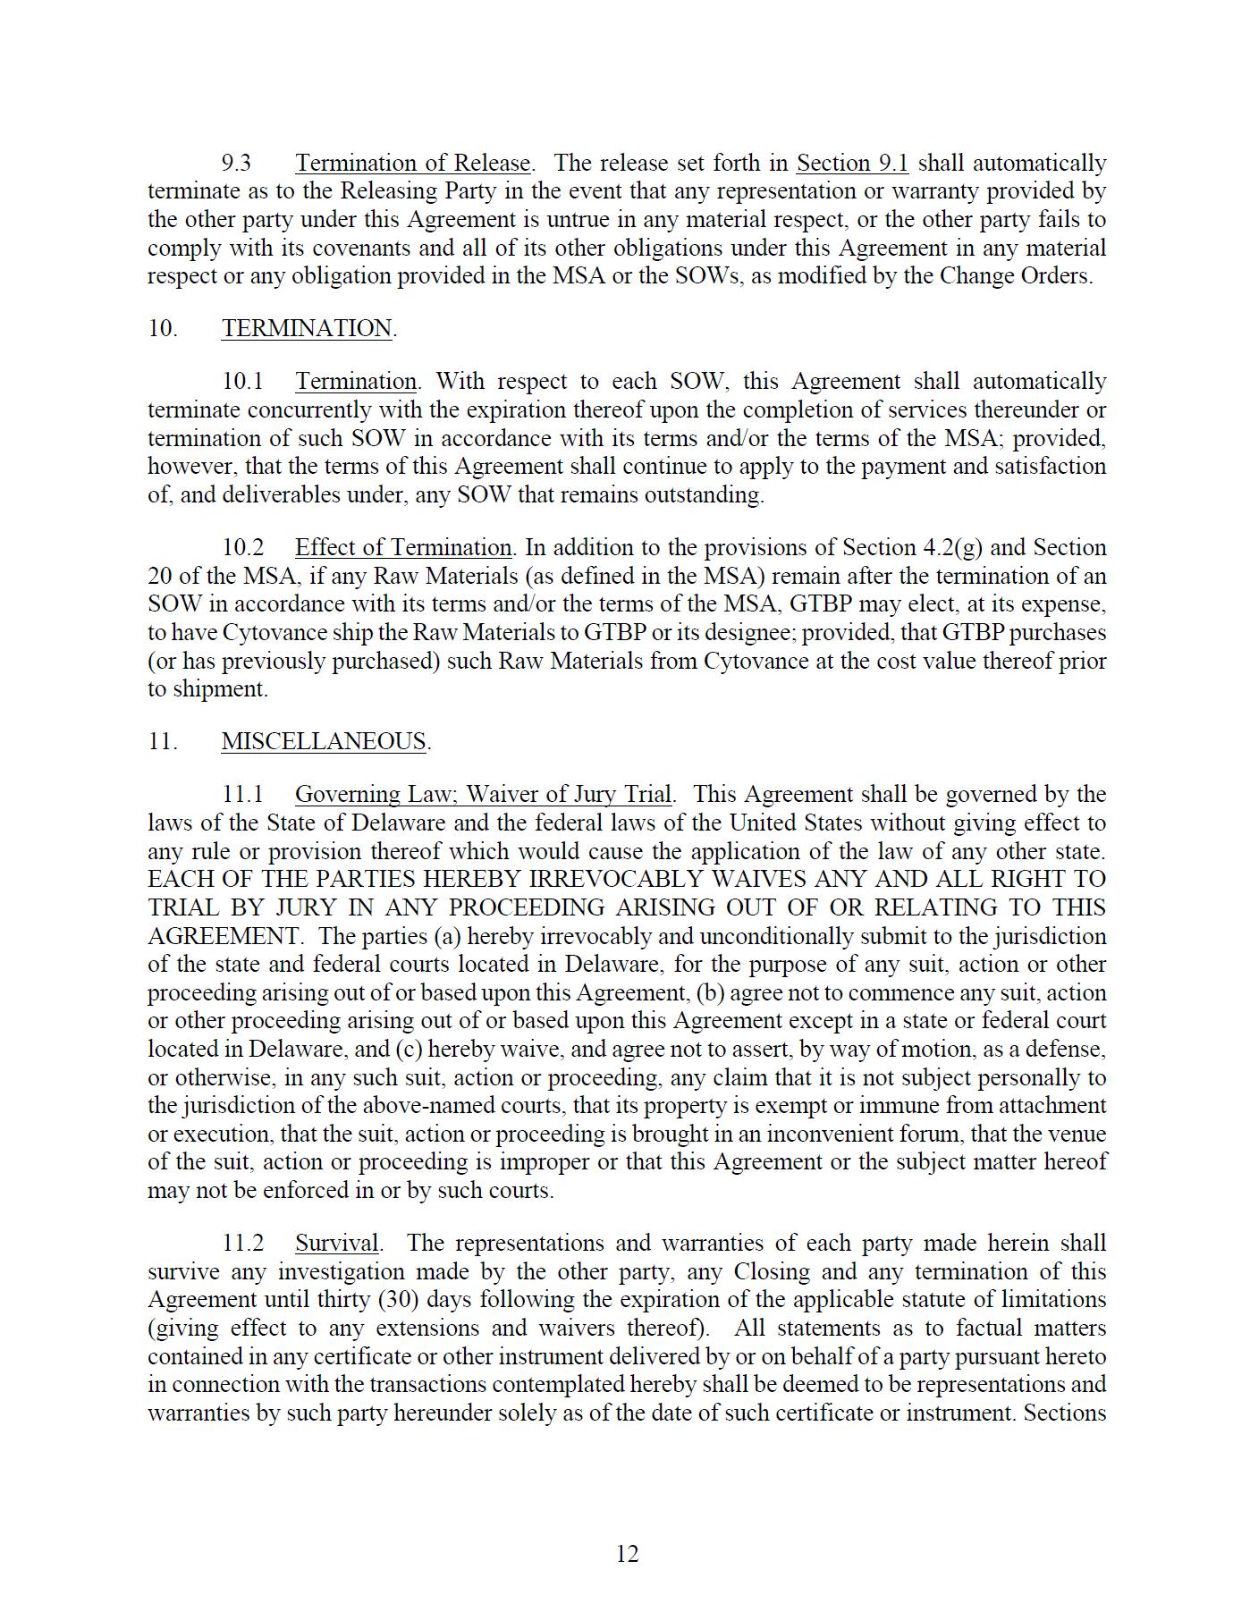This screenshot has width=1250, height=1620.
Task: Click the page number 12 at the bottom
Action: (x=627, y=1554)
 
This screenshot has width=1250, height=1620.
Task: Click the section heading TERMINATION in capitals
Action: (x=307, y=329)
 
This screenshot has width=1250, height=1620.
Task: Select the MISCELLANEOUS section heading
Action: (x=324, y=742)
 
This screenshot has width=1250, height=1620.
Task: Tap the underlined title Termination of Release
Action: (x=413, y=164)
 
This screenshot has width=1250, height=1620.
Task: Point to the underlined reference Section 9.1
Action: (x=852, y=164)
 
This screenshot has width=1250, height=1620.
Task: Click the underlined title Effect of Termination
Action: (x=403, y=548)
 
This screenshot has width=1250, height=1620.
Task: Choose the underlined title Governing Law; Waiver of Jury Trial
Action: (x=483, y=795)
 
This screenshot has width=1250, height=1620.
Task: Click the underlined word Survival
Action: (x=337, y=1244)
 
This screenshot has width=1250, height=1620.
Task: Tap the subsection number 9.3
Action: (x=237, y=164)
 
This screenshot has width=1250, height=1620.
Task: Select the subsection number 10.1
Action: (x=243, y=382)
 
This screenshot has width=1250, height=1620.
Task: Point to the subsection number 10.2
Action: (x=243, y=548)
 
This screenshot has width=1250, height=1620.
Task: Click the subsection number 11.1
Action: (x=243, y=795)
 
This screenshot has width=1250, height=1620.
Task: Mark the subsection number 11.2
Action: (x=243, y=1244)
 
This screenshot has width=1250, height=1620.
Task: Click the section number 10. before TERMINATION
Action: (x=163, y=329)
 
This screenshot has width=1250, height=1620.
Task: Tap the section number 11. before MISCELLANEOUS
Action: (x=163, y=742)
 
